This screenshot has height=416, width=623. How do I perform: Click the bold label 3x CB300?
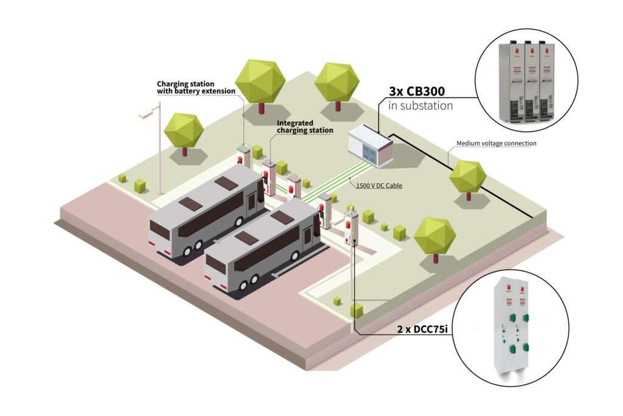click(417, 91)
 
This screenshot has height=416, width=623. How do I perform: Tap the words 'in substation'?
click(420, 105)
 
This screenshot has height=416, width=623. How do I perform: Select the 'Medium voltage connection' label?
click(496, 144)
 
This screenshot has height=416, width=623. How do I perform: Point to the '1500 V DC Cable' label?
click(378, 184)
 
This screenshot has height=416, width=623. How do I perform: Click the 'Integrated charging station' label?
click(305, 127)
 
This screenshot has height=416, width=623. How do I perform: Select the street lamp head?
click(145, 113)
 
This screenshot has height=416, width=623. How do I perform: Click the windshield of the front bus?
click(216, 264)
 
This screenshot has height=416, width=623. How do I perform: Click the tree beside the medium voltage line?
click(467, 177)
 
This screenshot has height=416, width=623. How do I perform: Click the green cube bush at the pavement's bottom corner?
click(356, 311)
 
